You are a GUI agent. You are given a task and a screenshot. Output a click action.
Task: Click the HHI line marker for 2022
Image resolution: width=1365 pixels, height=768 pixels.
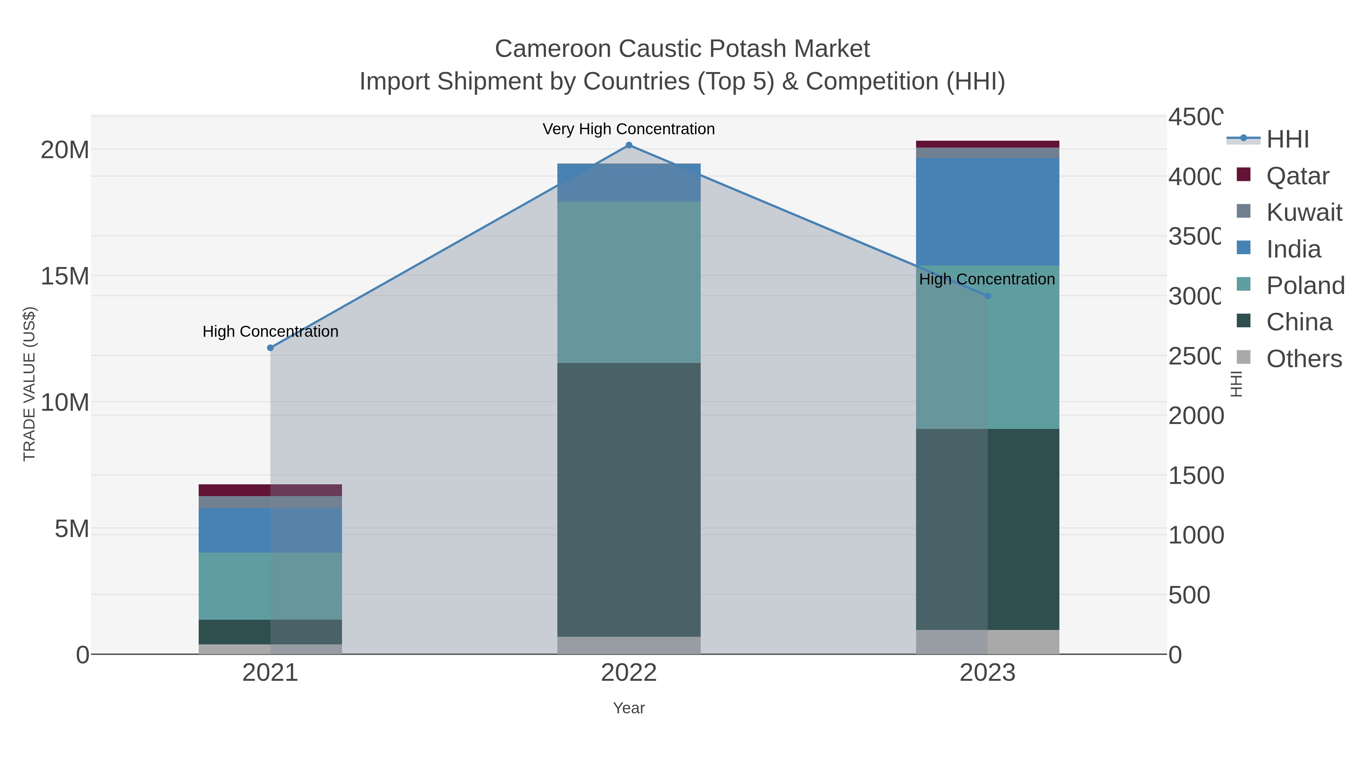click(x=629, y=145)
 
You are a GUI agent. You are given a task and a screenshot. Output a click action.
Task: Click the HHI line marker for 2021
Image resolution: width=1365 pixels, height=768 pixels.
click(x=270, y=348)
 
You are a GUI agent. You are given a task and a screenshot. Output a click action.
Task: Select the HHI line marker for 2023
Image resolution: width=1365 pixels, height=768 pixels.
click(x=987, y=296)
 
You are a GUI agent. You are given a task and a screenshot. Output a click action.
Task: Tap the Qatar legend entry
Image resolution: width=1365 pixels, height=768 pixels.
click(x=1297, y=176)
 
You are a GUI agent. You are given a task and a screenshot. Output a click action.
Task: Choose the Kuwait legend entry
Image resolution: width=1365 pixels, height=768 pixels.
click(x=1304, y=212)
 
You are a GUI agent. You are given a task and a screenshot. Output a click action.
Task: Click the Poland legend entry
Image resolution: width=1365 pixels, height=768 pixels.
click(x=1305, y=286)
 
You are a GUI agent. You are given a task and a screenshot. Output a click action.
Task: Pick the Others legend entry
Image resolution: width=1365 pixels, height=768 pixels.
click(x=1304, y=359)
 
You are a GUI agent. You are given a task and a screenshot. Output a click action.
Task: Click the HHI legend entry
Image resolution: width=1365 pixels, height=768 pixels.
click(x=1288, y=140)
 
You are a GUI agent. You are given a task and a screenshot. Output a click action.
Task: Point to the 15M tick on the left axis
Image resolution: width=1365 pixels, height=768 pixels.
click(x=64, y=276)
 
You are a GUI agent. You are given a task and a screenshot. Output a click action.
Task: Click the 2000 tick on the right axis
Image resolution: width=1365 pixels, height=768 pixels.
click(x=1196, y=416)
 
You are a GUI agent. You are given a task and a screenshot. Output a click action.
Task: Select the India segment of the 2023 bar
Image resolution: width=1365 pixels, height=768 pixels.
click(x=987, y=212)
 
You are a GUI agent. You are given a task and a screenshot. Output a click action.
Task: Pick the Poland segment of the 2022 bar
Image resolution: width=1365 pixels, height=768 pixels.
click(x=629, y=282)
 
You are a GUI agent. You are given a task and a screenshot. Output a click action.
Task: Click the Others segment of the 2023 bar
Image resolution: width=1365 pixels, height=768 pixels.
click(x=987, y=642)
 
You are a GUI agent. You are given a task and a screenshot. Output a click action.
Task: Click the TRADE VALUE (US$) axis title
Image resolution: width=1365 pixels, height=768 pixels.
click(x=29, y=384)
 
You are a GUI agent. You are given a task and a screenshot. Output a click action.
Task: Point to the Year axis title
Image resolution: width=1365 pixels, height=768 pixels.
click(x=629, y=708)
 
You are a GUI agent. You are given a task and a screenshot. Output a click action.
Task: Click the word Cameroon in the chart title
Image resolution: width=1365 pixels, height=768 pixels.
click(x=553, y=49)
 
